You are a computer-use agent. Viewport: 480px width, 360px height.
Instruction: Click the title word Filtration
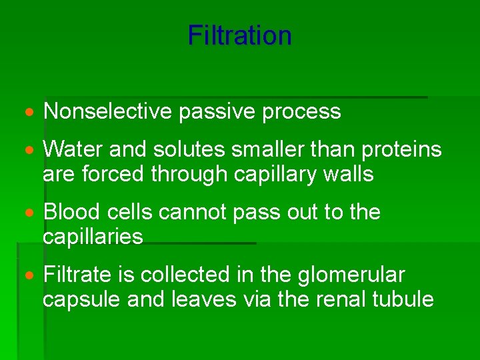239,35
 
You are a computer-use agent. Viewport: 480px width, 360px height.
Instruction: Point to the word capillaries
93,237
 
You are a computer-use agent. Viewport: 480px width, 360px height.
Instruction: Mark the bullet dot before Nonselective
31,112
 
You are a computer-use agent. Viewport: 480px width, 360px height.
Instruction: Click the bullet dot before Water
31,150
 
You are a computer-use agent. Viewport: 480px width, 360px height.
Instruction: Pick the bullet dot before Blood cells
31,213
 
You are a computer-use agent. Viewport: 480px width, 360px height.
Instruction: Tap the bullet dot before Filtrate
31,275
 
